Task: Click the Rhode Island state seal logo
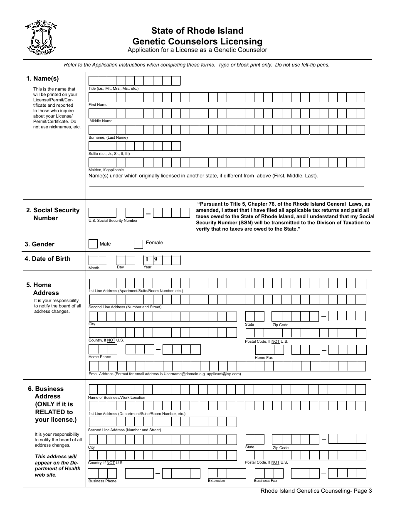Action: click(40, 38)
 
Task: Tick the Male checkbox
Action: click(93, 244)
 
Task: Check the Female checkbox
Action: click(138, 244)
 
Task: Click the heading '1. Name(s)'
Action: click(42, 79)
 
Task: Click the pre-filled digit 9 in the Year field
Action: click(156, 260)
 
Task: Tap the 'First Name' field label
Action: click(98, 105)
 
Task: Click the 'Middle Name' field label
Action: click(101, 121)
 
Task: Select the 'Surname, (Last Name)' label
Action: click(108, 138)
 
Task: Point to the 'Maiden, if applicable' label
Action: click(106, 170)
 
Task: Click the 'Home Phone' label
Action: click(100, 357)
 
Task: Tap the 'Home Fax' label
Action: click(264, 358)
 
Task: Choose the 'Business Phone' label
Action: click(102, 481)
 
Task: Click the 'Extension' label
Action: click(216, 481)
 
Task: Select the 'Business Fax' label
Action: click(265, 481)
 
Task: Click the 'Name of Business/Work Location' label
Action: click(116, 398)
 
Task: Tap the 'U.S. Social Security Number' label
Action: click(113, 221)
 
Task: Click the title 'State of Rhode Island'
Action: click(197, 31)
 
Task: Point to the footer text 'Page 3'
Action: click(363, 491)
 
